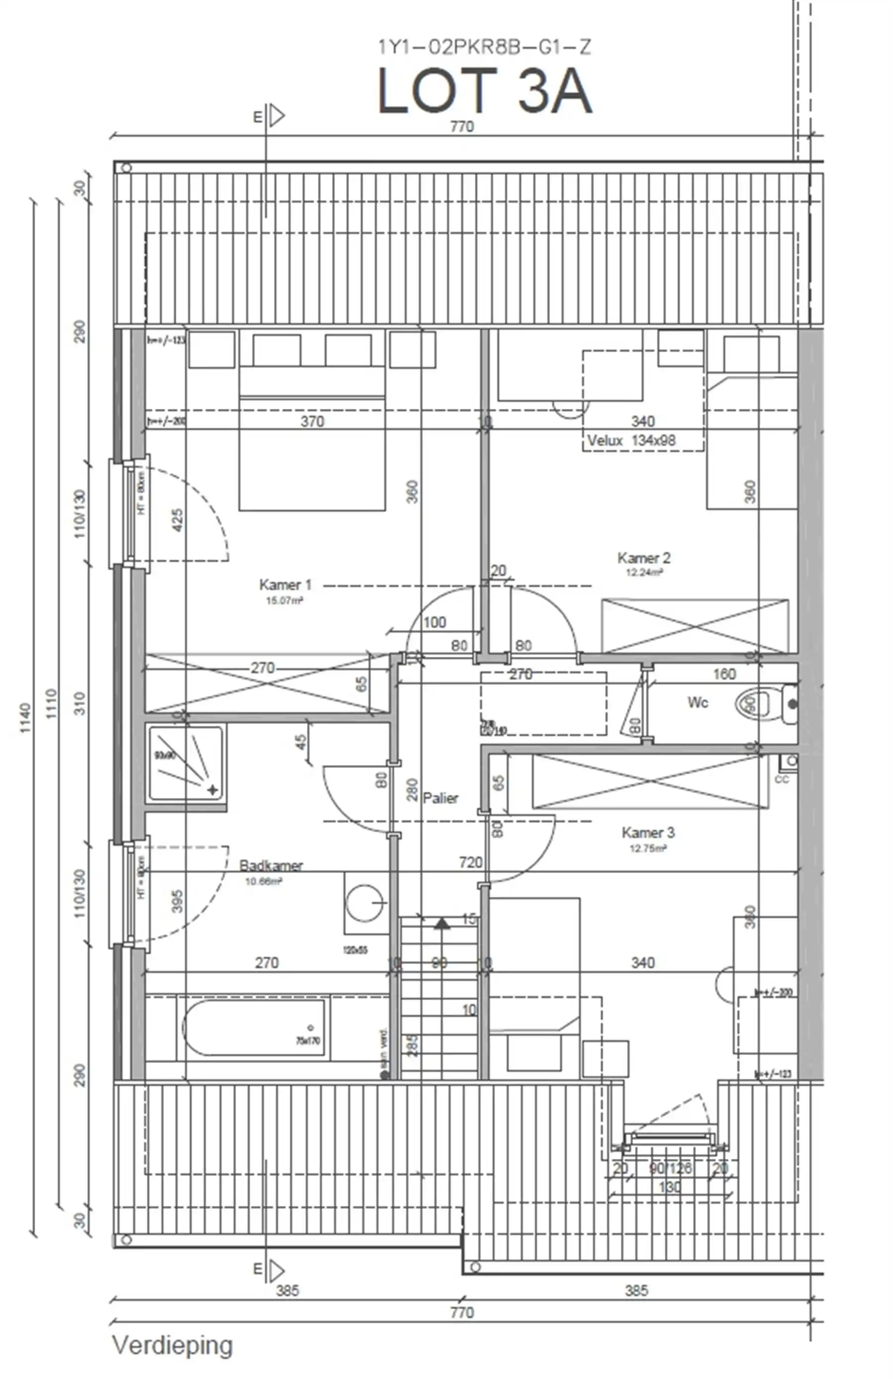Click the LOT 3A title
pos(485,91)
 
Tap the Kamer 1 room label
pos(285,584)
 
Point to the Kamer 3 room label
pos(648,833)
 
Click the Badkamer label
pos(271,866)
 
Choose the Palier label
pos(440,799)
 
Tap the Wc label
pos(698,702)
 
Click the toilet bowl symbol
pos(753,704)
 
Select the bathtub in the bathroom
pos(254,1027)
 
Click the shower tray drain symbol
pos(212,790)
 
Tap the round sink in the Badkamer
pos(365,903)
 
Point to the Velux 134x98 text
pos(631,441)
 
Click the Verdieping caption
pos(172,1345)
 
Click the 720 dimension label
pos(470,862)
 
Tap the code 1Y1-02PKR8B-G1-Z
pos(485,47)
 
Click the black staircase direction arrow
pos(442,923)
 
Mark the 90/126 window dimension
pos(670,1168)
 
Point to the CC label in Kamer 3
pos(782,779)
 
